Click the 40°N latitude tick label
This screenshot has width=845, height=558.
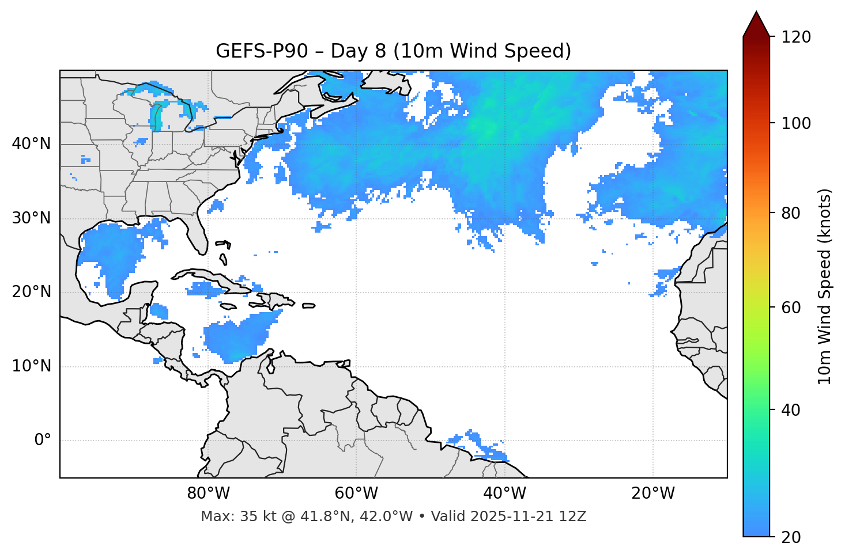[x=31, y=144]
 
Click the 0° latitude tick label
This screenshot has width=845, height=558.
[x=42, y=441]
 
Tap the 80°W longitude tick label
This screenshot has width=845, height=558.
[x=208, y=494]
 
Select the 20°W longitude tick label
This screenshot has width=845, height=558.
[x=653, y=494]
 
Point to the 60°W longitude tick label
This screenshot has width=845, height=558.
[x=356, y=494]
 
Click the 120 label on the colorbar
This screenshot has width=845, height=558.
[x=795, y=37]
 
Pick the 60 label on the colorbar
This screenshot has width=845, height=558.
[x=791, y=308]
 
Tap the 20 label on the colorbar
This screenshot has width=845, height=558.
[x=791, y=537]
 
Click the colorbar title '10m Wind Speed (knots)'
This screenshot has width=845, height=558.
[x=825, y=286]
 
